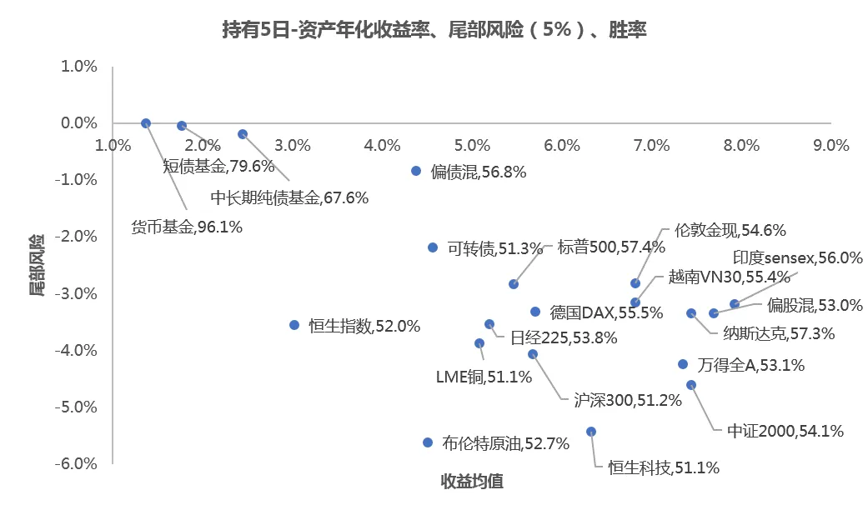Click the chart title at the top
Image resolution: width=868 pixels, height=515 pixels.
[434, 31]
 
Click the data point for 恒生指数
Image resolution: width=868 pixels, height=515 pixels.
[294, 325]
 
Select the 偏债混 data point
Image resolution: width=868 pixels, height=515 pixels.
[416, 171]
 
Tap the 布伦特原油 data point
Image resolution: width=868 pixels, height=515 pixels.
[428, 442]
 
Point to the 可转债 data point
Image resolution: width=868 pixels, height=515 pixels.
[433, 247]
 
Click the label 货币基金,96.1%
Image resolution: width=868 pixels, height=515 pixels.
[187, 226]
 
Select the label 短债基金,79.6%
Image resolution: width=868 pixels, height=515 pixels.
[218, 166]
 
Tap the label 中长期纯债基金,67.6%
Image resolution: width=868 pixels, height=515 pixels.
[289, 197]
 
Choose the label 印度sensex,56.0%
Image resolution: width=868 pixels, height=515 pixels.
[797, 257]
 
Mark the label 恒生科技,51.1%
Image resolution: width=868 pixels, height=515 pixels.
[664, 467]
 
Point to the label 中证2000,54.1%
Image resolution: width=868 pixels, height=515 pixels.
[785, 431]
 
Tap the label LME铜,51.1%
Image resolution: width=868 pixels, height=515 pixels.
[484, 377]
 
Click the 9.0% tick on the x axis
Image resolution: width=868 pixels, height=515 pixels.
[831, 145]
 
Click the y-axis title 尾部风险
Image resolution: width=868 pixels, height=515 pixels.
[37, 266]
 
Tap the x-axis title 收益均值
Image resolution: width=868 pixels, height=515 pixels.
[472, 482]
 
